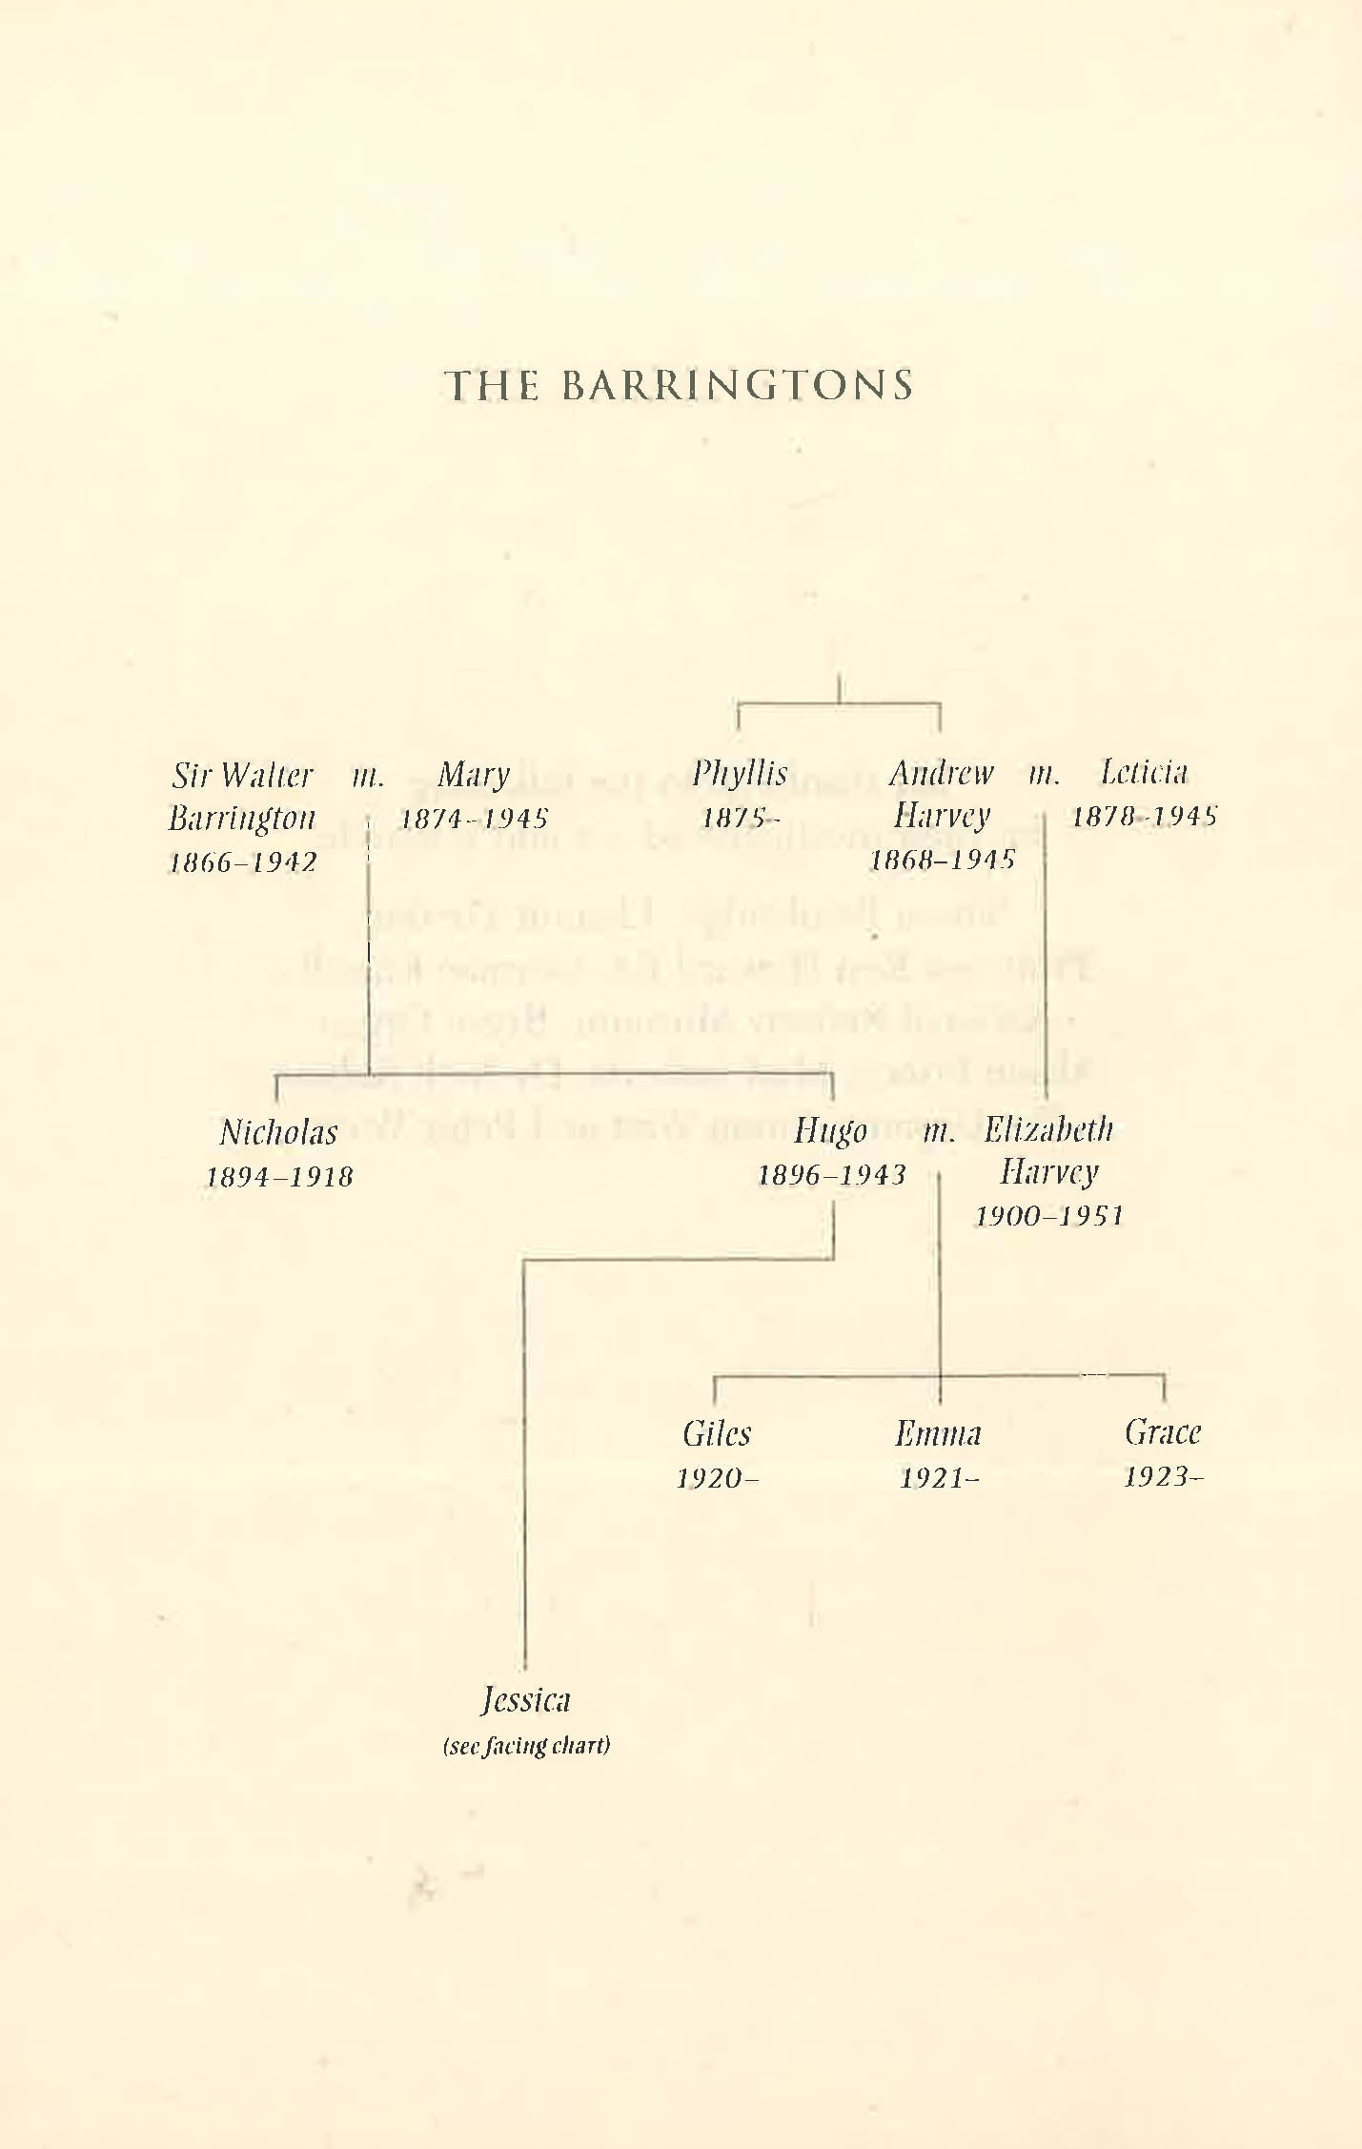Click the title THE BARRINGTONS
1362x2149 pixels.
(x=680, y=385)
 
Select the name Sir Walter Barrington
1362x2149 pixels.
(x=242, y=796)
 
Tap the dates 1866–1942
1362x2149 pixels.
(x=243, y=862)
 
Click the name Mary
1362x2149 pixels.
(x=474, y=776)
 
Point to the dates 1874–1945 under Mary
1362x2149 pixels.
(x=474, y=819)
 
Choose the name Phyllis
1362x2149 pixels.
(x=740, y=773)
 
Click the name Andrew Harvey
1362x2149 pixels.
(x=942, y=794)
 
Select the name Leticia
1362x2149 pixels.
(x=1144, y=772)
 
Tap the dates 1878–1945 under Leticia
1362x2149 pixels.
(x=1144, y=816)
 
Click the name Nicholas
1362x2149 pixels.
(x=278, y=1132)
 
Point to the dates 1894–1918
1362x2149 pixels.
(x=279, y=1177)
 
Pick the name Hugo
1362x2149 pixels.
(x=830, y=1131)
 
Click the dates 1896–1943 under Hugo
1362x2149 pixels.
(x=831, y=1175)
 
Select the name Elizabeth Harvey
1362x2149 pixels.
(x=1048, y=1150)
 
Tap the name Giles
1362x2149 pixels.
(x=717, y=1433)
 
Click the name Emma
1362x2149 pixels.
(x=938, y=1433)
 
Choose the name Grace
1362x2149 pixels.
(x=1163, y=1431)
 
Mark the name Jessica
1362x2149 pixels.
(x=525, y=1699)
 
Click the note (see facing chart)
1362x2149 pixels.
(x=526, y=1745)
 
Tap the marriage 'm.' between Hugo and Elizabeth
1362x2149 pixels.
(x=939, y=1131)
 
